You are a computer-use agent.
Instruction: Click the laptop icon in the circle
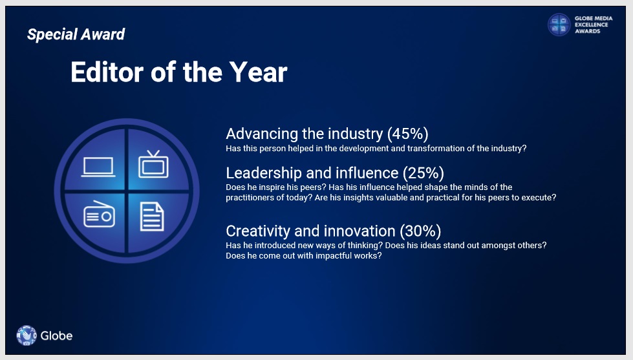(98, 167)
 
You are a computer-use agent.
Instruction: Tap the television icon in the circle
(153, 164)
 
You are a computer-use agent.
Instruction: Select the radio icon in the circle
(100, 214)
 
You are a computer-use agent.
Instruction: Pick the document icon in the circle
(152, 217)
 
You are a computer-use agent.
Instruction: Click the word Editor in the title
(107, 72)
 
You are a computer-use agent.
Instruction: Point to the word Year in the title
(259, 72)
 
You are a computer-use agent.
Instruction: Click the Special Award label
(76, 34)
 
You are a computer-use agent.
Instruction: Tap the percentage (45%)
(408, 134)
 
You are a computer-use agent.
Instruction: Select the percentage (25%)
(424, 173)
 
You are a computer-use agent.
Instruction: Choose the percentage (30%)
(420, 231)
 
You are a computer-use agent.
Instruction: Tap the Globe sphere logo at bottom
(27, 335)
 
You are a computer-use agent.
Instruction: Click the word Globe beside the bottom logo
(56, 336)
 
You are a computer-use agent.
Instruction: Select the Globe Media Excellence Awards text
(594, 25)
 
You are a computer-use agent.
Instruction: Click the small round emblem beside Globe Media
(559, 25)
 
